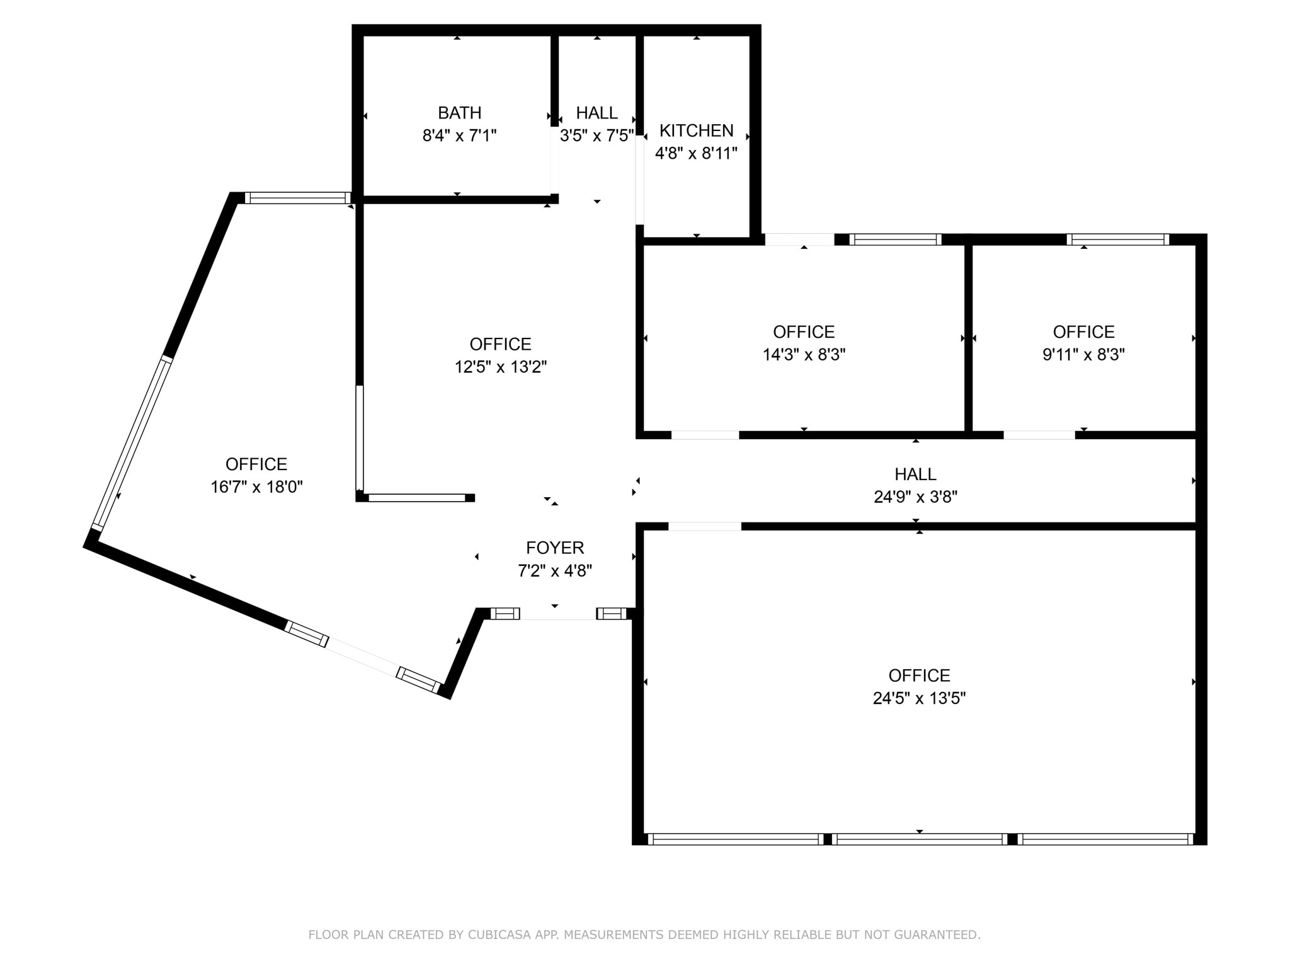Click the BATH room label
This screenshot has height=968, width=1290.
[459, 113]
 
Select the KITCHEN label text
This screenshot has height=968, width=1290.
[696, 130]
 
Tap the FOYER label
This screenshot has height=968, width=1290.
[555, 548]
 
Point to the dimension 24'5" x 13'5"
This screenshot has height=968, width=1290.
[919, 698]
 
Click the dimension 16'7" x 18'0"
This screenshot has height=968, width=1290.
[256, 487]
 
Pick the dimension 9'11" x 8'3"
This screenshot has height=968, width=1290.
[1083, 355]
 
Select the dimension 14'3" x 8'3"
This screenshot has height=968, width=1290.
[804, 355]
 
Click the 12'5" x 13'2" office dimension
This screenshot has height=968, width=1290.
[501, 367]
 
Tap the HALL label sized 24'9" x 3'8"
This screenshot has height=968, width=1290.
[915, 474]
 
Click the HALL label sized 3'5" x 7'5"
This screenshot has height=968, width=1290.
[596, 113]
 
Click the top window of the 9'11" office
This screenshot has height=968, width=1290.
[1117, 239]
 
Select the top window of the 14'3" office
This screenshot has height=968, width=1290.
[895, 239]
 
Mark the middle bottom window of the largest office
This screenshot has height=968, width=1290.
[919, 839]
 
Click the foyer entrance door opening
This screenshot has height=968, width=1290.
[558, 614]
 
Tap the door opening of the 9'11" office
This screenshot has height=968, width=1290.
[1039, 435]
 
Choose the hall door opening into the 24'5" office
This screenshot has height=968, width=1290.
[705, 527]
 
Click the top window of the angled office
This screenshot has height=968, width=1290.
[297, 198]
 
